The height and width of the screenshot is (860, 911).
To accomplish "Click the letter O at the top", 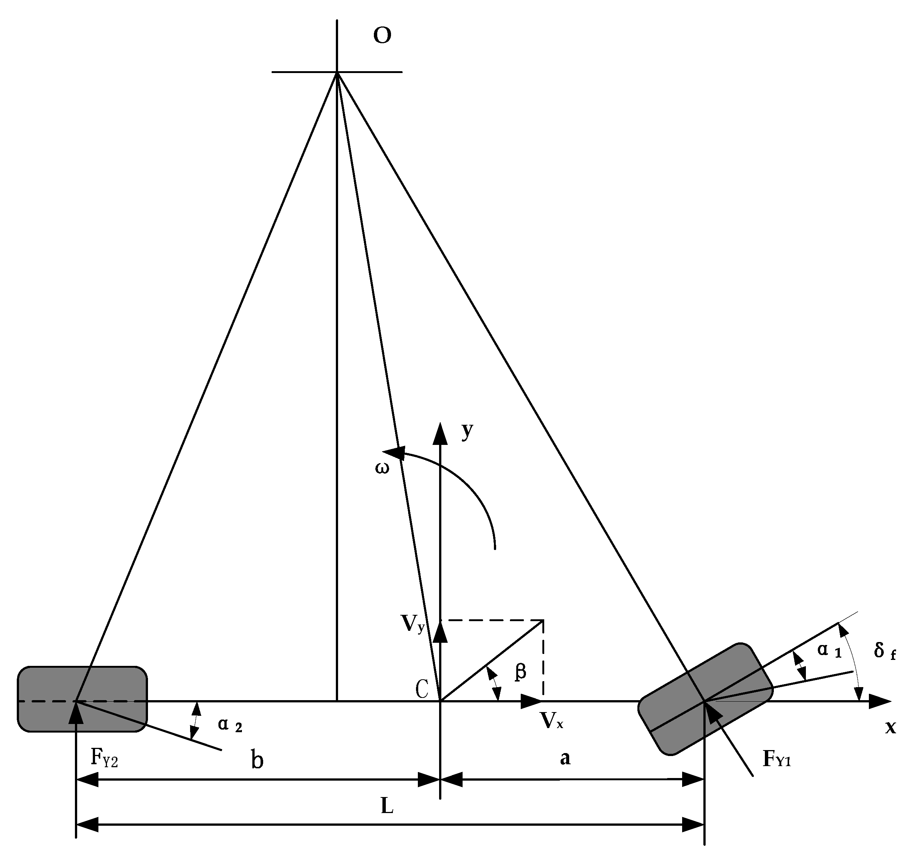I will point(382,36).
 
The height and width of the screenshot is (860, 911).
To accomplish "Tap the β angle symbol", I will point(520,672).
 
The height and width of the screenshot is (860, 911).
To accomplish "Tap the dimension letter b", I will point(257,760).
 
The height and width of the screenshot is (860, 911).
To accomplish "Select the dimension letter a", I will point(565,758).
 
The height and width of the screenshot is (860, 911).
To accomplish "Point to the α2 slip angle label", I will point(230,725).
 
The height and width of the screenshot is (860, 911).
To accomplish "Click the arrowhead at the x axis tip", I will point(880,701).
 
